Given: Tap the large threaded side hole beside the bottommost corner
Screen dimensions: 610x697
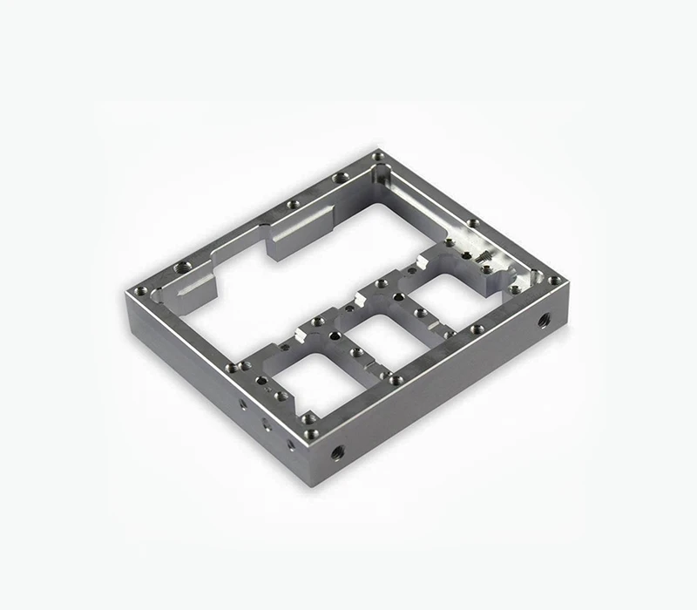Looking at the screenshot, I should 338,452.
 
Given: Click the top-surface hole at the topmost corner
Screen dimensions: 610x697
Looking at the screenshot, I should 377,156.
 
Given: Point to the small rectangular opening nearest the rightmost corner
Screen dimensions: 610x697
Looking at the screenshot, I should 453,296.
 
